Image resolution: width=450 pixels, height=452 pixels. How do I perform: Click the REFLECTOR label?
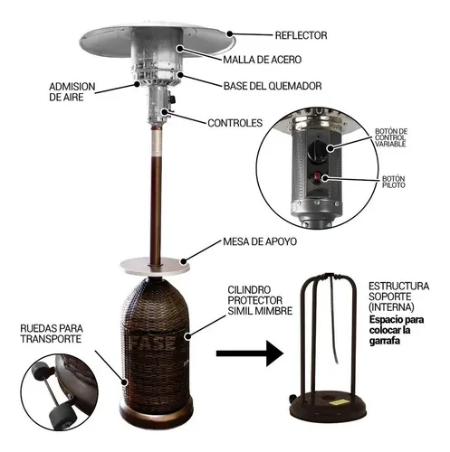click(x=301, y=35)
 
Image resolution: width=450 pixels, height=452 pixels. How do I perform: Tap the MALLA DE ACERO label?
click(x=262, y=60)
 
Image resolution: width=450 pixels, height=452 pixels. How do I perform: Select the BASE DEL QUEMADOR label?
click(x=273, y=86)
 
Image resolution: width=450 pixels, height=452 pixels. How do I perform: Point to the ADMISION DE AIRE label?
click(x=72, y=92)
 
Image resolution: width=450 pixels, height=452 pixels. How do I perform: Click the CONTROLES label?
click(x=235, y=123)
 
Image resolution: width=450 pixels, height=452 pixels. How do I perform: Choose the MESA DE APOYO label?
click(x=260, y=241)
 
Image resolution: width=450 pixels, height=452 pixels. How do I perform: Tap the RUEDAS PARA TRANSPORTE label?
click(x=52, y=334)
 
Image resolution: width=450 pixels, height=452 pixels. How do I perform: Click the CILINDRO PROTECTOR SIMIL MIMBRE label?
click(x=260, y=300)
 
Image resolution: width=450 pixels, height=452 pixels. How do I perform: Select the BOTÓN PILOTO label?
click(x=394, y=182)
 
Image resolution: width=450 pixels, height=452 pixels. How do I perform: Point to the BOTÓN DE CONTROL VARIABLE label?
click(x=391, y=137)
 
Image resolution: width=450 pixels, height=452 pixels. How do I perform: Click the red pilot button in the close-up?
click(x=317, y=175)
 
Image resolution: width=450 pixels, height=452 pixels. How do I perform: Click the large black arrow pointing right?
click(x=250, y=353)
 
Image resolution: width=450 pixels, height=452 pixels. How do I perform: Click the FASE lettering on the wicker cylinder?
click(x=154, y=342)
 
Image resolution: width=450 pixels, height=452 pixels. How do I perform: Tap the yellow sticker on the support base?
click(x=340, y=403)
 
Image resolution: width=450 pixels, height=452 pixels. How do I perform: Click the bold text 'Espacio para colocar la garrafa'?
click(x=397, y=330)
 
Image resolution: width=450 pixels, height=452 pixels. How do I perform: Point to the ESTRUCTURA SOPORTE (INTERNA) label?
click(x=398, y=297)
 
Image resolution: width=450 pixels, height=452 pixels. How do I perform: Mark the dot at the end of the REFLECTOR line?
click(x=230, y=33)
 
